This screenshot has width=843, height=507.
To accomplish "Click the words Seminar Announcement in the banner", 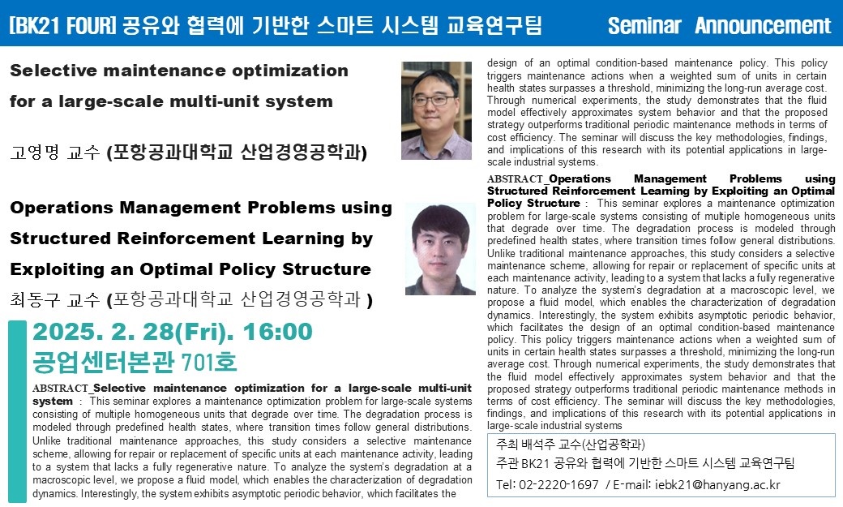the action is pos(719,25).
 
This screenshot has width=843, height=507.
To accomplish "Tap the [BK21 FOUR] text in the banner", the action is pos(63,25).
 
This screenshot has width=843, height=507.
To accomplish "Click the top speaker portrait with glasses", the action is pos(436,110).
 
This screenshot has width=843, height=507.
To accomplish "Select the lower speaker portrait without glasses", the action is pos(440,249).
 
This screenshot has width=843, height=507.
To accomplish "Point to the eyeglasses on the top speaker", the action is pos(434,100).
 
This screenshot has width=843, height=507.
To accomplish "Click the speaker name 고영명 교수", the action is pos(55,153).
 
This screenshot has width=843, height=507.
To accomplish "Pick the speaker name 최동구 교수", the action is pos(55,299).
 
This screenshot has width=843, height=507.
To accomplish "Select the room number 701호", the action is pos(209,362).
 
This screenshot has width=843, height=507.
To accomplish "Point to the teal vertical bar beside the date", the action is pos(17,412).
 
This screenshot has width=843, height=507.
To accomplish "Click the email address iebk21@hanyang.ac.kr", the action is pos(717,484).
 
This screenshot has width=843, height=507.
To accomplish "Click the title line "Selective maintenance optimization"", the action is pos(179,71).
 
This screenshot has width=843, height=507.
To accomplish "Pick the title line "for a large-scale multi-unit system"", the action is pos(171,101).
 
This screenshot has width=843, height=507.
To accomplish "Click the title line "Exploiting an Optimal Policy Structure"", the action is pos(190,269).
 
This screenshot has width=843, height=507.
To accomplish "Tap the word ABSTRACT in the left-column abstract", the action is pos(60,388).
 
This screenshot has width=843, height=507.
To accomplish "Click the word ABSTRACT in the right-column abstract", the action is pos(515,178).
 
